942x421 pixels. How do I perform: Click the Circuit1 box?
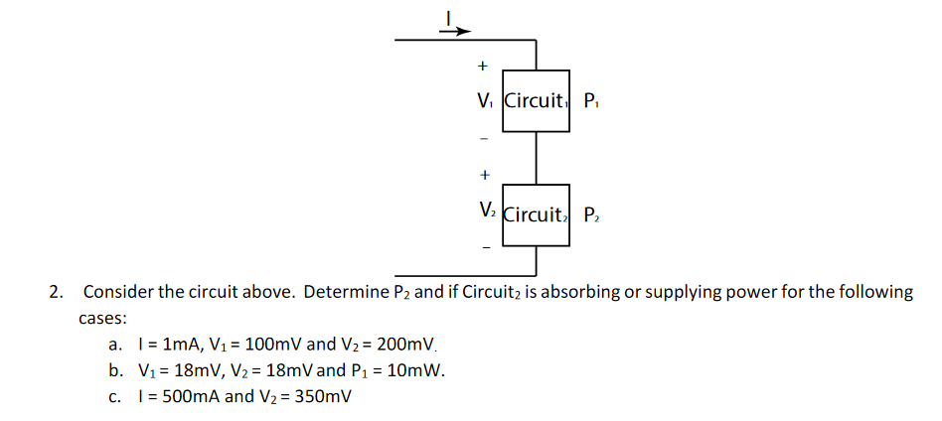coord(536,100)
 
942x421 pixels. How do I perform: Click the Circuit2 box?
coord(536,213)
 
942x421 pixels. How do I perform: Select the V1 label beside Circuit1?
coord(484,100)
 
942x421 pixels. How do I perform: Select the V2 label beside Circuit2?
coord(486,211)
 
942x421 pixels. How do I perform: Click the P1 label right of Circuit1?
coord(592,100)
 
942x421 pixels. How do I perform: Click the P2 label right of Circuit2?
coord(592,213)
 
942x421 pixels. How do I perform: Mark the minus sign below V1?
coord(484,137)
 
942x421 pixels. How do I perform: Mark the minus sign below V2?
coord(485,248)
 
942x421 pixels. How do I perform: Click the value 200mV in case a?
coord(406,345)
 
